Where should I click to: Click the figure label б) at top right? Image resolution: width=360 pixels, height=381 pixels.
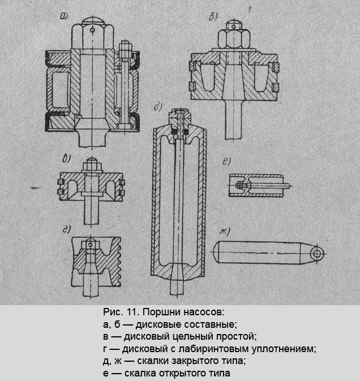213,18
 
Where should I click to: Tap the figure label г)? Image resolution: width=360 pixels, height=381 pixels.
66,229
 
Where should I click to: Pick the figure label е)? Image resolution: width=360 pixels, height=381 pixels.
226,160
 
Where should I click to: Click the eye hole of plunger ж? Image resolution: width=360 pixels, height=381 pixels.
315,252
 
